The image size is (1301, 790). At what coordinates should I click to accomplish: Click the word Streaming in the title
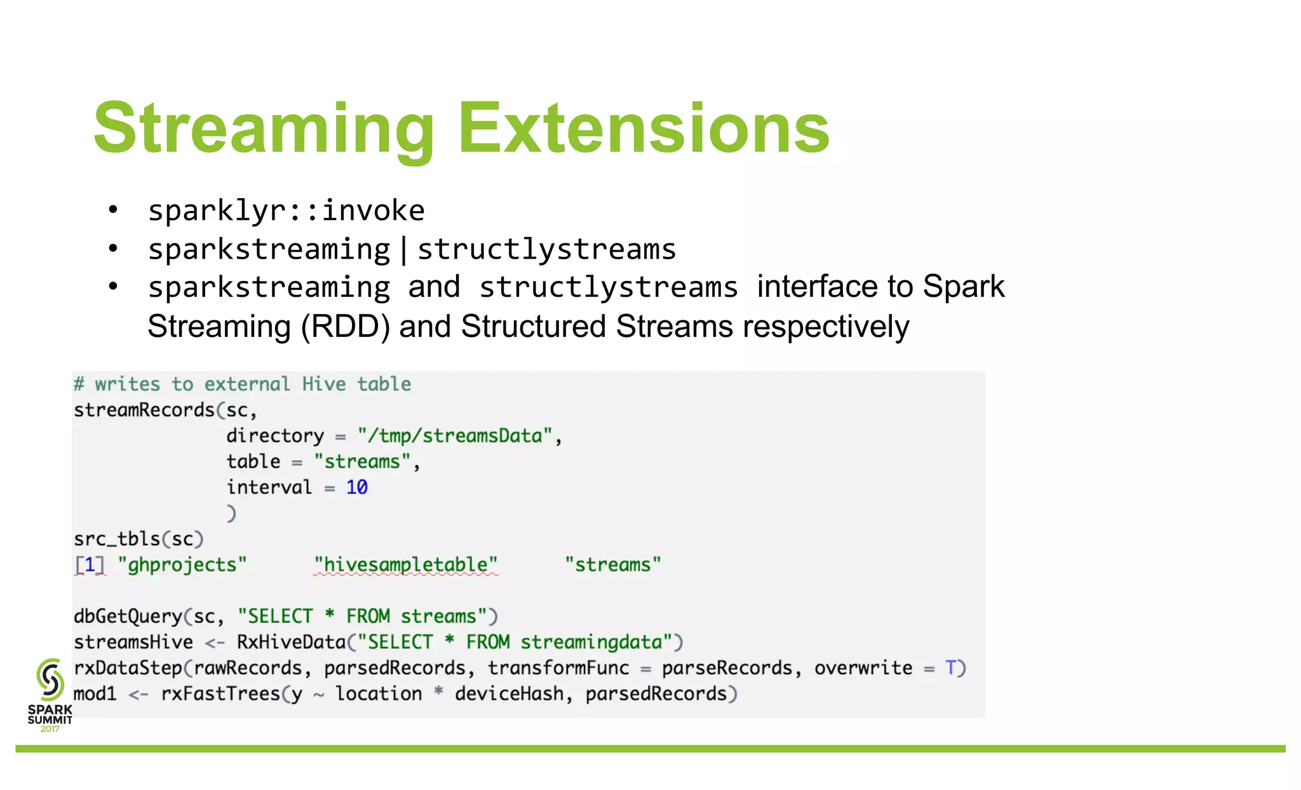(264, 129)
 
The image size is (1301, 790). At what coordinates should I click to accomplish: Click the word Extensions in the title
(644, 129)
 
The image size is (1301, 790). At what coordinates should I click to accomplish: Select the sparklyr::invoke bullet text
(286, 210)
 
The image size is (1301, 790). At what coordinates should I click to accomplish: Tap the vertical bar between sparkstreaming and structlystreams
(404, 249)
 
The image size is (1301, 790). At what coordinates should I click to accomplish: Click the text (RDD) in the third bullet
(345, 327)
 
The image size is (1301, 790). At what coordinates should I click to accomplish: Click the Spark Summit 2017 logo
(50, 695)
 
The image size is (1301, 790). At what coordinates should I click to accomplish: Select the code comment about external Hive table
(242, 384)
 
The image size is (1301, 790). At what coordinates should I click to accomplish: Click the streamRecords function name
(144, 410)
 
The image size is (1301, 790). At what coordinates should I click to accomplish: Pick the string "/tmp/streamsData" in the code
(455, 436)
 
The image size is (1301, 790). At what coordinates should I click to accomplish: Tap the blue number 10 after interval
(356, 487)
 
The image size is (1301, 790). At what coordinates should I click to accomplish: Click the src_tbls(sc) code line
(138, 539)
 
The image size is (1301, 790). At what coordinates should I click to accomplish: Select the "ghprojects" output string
(182, 565)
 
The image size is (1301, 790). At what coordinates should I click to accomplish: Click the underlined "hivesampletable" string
(406, 565)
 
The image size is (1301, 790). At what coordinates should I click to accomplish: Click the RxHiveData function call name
(292, 643)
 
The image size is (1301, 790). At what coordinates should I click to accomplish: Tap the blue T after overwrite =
(951, 668)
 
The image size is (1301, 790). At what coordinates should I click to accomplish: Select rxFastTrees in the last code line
(220, 694)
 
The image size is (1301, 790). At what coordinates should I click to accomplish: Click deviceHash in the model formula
(509, 694)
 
